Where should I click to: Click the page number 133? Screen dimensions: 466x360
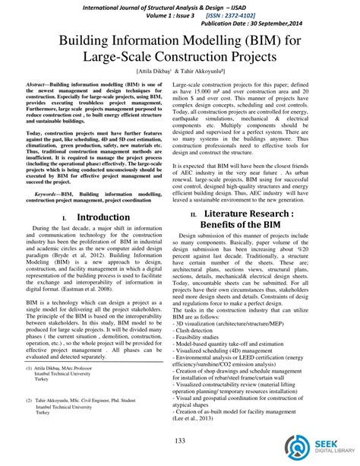180,442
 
